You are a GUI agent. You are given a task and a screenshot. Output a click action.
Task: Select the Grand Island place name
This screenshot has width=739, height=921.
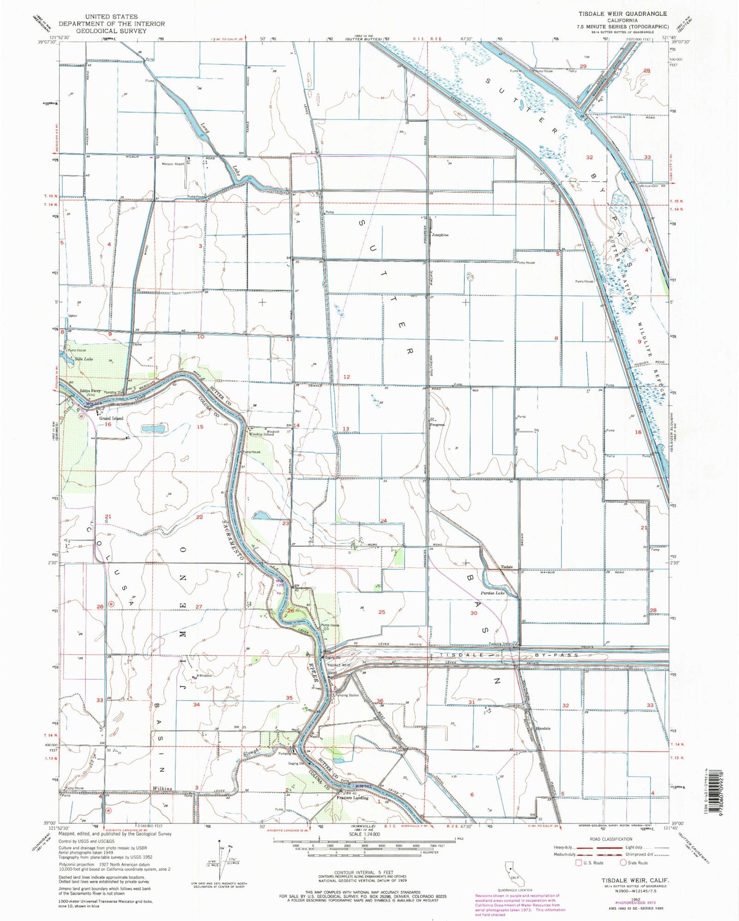click(111, 418)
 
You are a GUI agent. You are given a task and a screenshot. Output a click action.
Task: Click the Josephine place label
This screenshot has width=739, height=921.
click(440, 235)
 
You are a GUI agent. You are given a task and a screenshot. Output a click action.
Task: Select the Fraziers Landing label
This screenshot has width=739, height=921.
click(352, 798)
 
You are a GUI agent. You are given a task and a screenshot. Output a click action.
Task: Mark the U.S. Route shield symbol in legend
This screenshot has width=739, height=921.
click(578, 863)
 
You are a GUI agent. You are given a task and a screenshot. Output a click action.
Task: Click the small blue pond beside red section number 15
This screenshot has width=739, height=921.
click(152, 428)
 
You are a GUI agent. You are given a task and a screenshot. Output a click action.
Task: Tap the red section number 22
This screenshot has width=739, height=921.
click(199, 517)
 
